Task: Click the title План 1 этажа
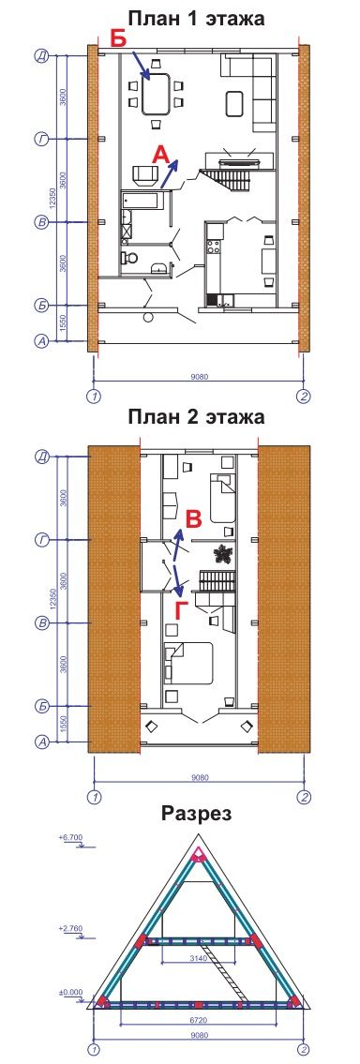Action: [196, 18]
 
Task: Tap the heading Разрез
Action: [196, 813]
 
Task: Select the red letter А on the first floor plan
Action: [160, 155]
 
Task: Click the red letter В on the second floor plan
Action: [194, 520]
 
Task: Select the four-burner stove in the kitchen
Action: [214, 247]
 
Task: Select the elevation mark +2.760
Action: [70, 927]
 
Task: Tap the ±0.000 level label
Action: [70, 992]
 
